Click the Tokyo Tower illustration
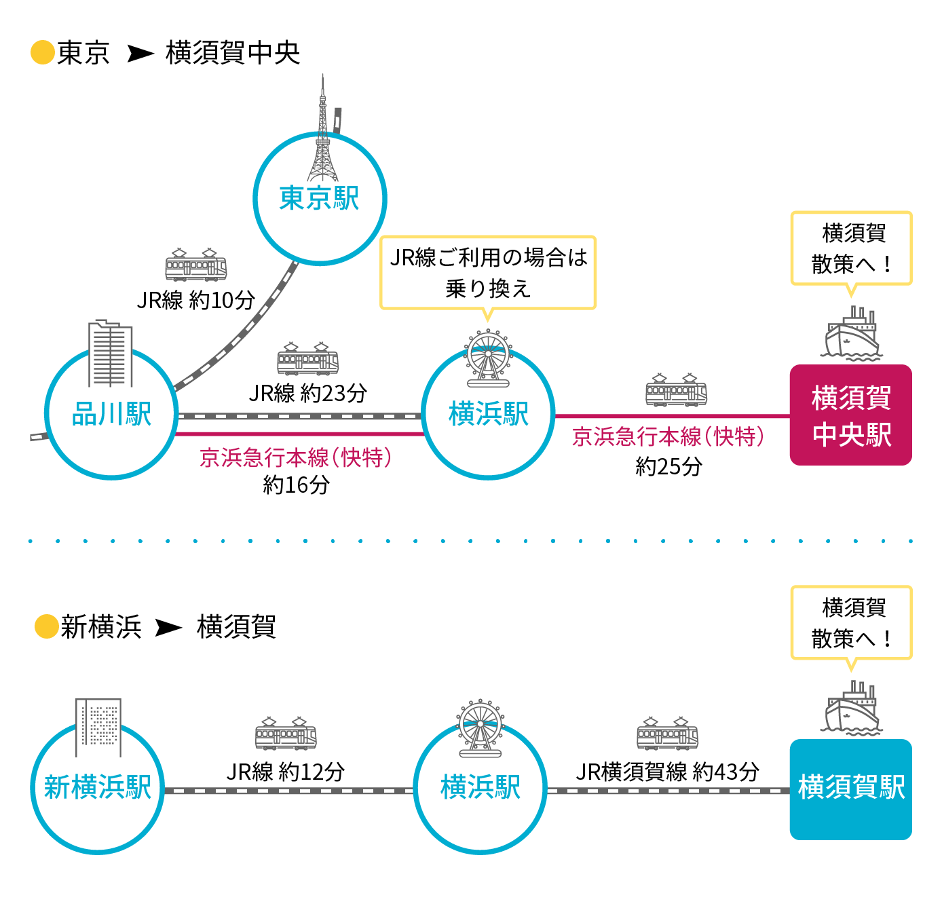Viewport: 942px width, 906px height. click(x=323, y=136)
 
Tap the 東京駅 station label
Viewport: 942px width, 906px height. click(x=319, y=199)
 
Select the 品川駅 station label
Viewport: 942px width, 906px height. click(x=111, y=414)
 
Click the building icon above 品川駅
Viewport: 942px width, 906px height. click(x=110, y=354)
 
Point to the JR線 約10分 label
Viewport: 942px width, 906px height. click(x=196, y=300)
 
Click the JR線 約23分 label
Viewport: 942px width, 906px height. click(x=308, y=392)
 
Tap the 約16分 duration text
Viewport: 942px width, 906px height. click(x=296, y=485)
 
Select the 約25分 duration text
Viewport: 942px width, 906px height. click(x=668, y=466)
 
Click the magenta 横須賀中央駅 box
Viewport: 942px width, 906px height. click(x=850, y=415)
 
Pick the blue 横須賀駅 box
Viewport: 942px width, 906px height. click(x=850, y=789)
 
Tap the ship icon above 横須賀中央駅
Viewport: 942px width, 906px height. click(x=852, y=334)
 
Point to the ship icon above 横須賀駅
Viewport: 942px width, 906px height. click(x=852, y=709)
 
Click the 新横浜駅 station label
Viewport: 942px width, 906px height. click(x=98, y=787)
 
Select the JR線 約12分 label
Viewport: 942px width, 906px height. click(x=286, y=772)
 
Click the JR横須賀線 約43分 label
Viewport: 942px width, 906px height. click(x=667, y=772)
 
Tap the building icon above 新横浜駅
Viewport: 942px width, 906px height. click(x=98, y=727)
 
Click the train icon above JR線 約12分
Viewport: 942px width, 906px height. click(x=286, y=734)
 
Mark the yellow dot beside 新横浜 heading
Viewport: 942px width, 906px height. click(x=46, y=626)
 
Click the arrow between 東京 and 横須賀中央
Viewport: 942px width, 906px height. click(x=140, y=54)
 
